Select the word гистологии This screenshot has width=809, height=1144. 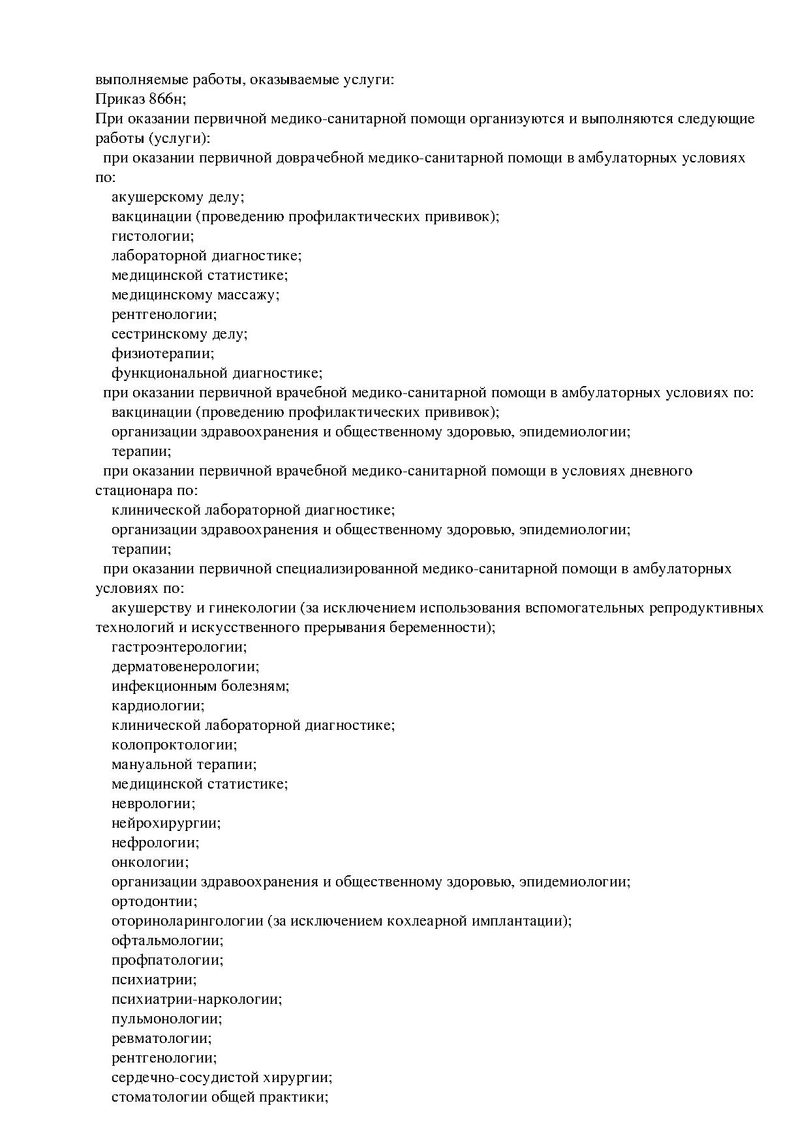click(x=153, y=236)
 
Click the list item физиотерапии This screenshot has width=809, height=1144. click(x=162, y=354)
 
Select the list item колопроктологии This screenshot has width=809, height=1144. click(x=174, y=745)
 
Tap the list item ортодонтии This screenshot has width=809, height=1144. click(x=155, y=901)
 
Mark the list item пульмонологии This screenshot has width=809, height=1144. click(x=167, y=1019)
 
